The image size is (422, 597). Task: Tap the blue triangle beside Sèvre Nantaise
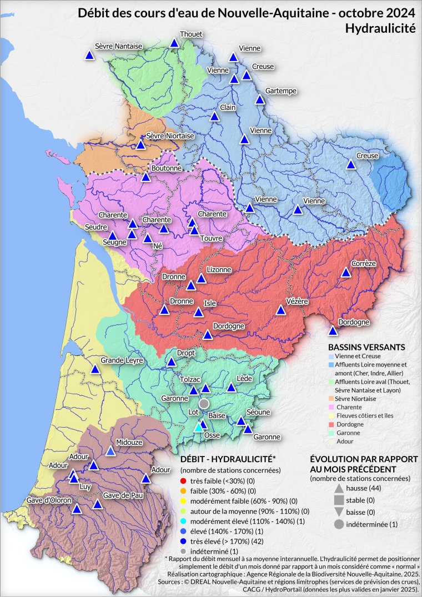point(89,55)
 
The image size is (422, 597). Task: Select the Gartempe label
point(281,91)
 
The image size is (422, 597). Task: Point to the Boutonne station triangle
point(146,177)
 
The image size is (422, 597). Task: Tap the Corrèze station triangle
point(346,272)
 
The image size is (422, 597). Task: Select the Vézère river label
point(297,301)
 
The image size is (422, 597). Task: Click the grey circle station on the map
point(204,403)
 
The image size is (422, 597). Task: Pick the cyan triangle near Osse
point(198,428)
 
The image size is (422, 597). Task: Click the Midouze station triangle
point(110,451)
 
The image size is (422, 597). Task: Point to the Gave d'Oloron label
point(49,500)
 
